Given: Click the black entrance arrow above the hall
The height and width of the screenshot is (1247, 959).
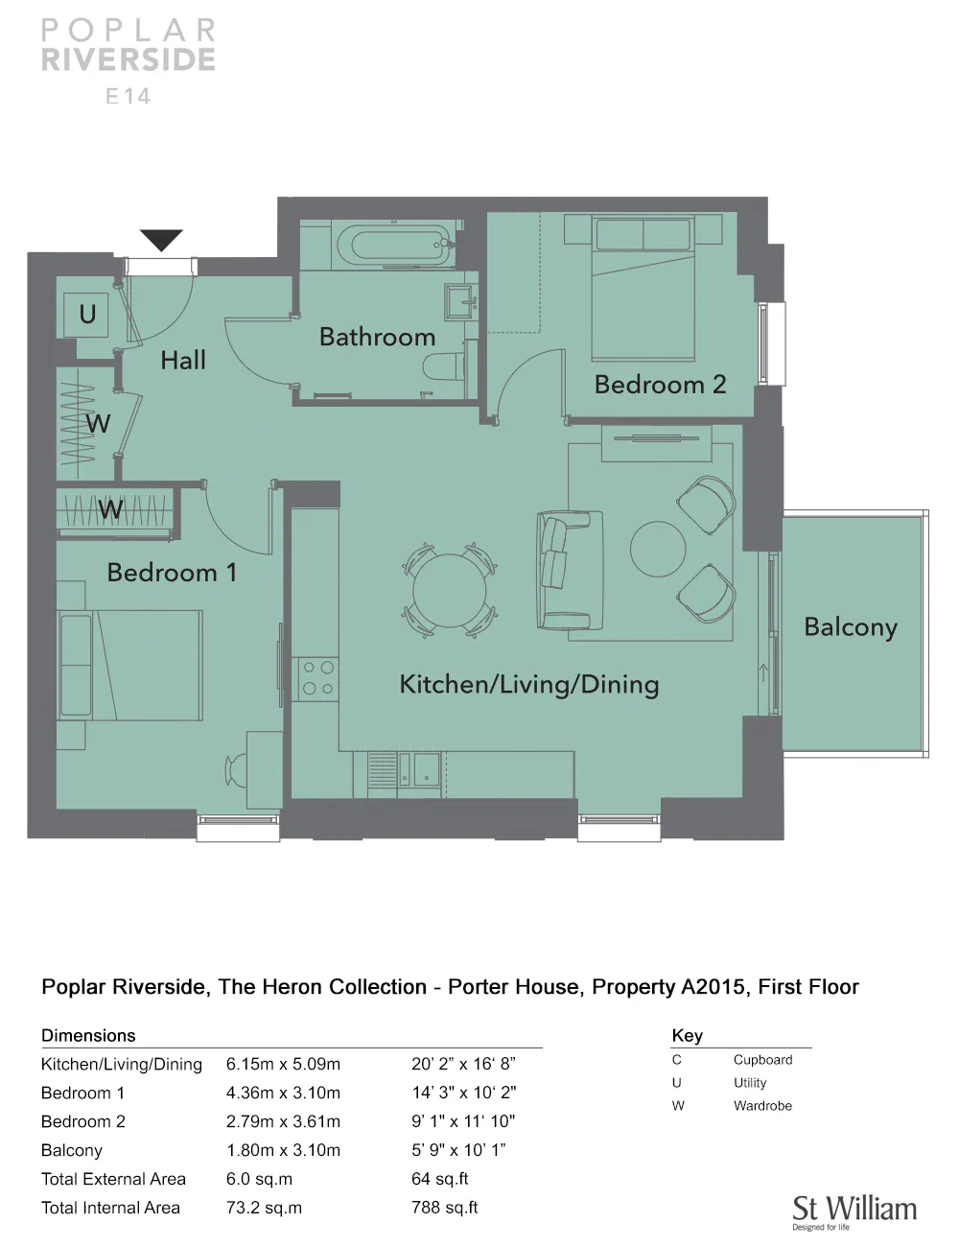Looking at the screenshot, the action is click(x=161, y=239).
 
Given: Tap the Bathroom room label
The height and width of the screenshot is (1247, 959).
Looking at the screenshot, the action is click(x=378, y=337).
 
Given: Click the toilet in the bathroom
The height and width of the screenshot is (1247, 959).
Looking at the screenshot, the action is click(x=445, y=366).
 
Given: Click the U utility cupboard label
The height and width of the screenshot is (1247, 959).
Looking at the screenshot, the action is click(x=87, y=314).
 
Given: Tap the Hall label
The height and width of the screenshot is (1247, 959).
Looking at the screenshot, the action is click(x=183, y=361).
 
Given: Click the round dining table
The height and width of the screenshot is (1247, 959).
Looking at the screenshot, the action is click(x=450, y=590).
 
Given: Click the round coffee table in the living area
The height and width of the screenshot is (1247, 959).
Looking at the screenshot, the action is click(x=658, y=549).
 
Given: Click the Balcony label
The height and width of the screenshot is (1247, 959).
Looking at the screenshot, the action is click(x=851, y=627).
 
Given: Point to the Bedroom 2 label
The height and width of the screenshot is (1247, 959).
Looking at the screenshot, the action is click(x=660, y=385).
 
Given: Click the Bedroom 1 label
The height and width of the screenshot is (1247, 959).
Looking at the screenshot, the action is click(x=172, y=573).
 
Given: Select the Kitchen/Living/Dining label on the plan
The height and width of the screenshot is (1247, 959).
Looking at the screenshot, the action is click(x=528, y=685).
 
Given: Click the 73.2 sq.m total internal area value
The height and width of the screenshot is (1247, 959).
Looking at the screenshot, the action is click(x=264, y=1208).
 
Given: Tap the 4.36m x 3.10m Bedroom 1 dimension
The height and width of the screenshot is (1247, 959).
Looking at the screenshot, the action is click(x=283, y=1093).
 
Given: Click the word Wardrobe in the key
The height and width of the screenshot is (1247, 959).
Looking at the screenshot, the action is click(x=762, y=1106).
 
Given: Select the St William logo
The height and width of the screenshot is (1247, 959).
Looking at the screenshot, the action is click(x=854, y=1213).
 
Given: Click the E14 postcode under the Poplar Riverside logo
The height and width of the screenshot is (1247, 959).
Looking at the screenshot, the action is click(x=128, y=97).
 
